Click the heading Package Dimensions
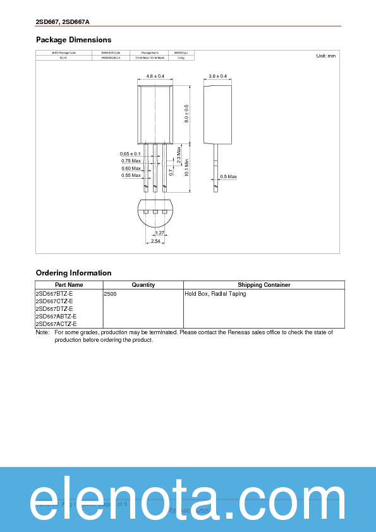pyautogui.click(x=73, y=40)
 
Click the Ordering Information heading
pyautogui.click(x=73, y=273)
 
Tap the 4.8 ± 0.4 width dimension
pyautogui.click(x=155, y=76)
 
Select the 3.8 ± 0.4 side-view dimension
pyautogui.click(x=217, y=76)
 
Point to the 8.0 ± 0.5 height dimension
pyautogui.click(x=186, y=114)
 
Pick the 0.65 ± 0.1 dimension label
pyautogui.click(x=130, y=154)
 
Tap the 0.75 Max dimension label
pyautogui.click(x=131, y=161)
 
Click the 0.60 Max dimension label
pyautogui.click(x=131, y=168)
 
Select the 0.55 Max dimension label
pyautogui.click(x=131, y=175)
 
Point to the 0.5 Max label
pyautogui.click(x=228, y=176)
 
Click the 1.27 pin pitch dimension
pyautogui.click(x=160, y=233)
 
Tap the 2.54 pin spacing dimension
pyautogui.click(x=155, y=241)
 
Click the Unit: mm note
pyautogui.click(x=325, y=56)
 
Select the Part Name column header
pyautogui.click(x=69, y=285)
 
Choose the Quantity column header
pyautogui.click(x=143, y=285)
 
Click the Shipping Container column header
pyautogui.click(x=264, y=285)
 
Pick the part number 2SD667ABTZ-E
pyautogui.click(x=56, y=317)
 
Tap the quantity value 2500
pyautogui.click(x=110, y=294)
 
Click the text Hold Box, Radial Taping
pyautogui.click(x=215, y=294)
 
